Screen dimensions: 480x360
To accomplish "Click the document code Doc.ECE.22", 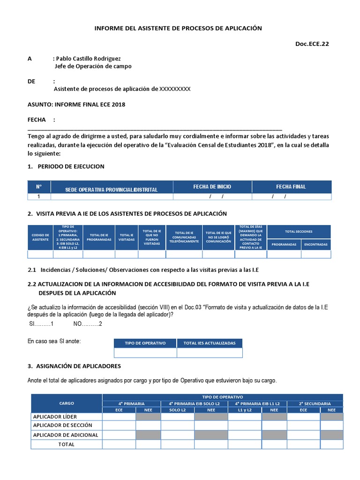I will pos(315,44).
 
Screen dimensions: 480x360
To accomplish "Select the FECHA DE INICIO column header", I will pos(212,187).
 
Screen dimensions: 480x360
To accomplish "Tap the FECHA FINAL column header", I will pos(291,187).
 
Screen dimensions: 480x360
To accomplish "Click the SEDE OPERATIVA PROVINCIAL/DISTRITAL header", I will pos(111,189).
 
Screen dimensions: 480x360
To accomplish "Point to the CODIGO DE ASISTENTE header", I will pos(40,237).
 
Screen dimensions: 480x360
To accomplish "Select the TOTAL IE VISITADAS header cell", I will pos(126,237).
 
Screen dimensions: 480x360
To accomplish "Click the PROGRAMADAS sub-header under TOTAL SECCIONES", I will pos(284,244).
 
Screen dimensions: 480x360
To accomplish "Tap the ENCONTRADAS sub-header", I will pos(315,244).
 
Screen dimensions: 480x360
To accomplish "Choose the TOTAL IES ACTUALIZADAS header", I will pos(210,343).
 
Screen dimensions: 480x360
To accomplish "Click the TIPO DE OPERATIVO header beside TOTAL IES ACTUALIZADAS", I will pos(145,343).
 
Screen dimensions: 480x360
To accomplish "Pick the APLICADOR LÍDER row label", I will pos(55,416).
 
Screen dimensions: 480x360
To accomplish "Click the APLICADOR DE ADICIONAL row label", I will pos(66,435).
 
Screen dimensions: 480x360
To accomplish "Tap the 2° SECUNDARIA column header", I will pos(315,404).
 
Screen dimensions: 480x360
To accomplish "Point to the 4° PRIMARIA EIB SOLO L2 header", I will pos(195,404).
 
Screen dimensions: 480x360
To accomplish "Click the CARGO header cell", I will pos(67,403).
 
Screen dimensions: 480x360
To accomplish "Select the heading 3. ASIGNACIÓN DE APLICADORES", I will pos(74,366).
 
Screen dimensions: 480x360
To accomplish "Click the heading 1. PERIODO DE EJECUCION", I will pos(66,166).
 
